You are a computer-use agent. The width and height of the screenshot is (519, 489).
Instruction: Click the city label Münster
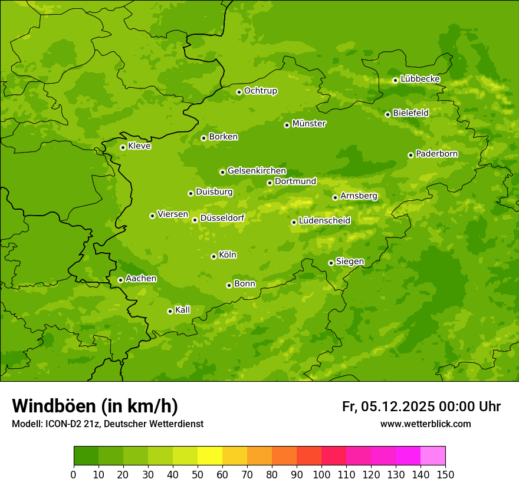tap(308, 124)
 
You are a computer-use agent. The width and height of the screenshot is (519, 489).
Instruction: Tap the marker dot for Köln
tap(213, 256)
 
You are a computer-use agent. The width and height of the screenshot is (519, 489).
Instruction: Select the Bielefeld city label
tap(410, 113)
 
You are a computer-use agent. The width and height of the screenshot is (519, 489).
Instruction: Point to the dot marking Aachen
tap(120, 280)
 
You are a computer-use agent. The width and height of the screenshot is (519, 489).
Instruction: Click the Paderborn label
tap(436, 154)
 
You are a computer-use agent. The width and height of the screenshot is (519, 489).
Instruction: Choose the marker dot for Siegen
tap(331, 263)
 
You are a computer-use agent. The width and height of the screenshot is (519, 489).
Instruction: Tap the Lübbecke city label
tap(420, 79)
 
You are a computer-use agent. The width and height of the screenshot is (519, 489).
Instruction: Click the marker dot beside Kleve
tap(123, 147)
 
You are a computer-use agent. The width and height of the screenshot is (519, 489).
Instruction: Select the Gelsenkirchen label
tap(257, 171)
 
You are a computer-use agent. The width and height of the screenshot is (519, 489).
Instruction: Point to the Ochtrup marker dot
tap(239, 92)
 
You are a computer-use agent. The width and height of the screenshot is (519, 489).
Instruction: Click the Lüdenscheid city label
tap(324, 221)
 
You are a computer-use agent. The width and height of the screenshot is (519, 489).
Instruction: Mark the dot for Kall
tap(170, 311)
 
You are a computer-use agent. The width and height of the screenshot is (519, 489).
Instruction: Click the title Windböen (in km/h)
tap(94, 406)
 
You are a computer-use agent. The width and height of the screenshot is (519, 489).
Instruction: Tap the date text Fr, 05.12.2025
tap(388, 407)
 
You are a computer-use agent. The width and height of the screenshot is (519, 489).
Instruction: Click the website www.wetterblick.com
tap(425, 424)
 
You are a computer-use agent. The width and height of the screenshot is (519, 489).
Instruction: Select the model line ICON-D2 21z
tap(107, 424)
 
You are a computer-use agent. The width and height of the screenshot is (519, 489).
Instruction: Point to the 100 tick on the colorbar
tap(321, 474)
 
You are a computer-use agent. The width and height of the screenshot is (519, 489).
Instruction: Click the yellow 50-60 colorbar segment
tap(210, 456)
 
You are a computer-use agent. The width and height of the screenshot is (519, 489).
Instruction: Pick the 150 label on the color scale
tap(445, 474)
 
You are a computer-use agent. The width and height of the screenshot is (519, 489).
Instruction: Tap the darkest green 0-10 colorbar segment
tap(86, 456)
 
